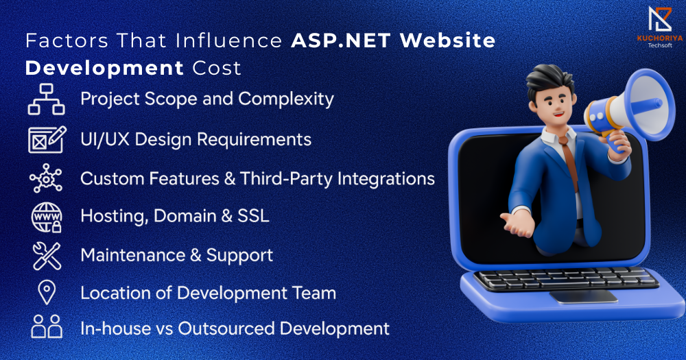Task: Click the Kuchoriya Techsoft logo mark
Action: pyautogui.click(x=660, y=19)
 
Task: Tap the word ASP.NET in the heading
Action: pyautogui.click(x=341, y=40)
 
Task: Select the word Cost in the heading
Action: pyautogui.click(x=217, y=69)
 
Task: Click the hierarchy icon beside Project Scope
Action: pyautogui.click(x=47, y=99)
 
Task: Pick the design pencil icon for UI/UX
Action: pyautogui.click(x=47, y=139)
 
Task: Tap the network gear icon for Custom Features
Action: pyautogui.click(x=46, y=178)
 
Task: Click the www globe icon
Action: pyautogui.click(x=47, y=217)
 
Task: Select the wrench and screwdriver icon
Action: pyautogui.click(x=47, y=256)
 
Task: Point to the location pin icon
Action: pyautogui.click(x=47, y=293)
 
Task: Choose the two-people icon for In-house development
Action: pyautogui.click(x=47, y=326)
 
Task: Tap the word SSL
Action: pyautogui.click(x=253, y=216)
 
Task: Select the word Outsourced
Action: pyautogui.click(x=226, y=328)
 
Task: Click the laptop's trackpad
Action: pyautogui.click(x=584, y=297)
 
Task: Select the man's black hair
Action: pyautogui.click(x=549, y=79)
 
